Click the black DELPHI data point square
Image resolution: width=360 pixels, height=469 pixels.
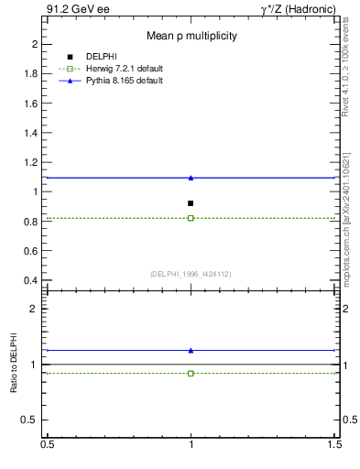[191, 203]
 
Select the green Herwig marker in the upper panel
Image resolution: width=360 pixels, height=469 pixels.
[191, 218]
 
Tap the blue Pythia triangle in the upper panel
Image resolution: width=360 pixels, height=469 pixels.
[191, 178]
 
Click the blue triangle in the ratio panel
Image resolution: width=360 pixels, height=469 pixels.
[191, 350]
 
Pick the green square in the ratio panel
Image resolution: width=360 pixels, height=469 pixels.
[191, 373]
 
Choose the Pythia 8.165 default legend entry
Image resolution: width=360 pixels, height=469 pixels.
[124, 81]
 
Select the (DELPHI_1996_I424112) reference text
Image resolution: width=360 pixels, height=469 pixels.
[191, 273]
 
